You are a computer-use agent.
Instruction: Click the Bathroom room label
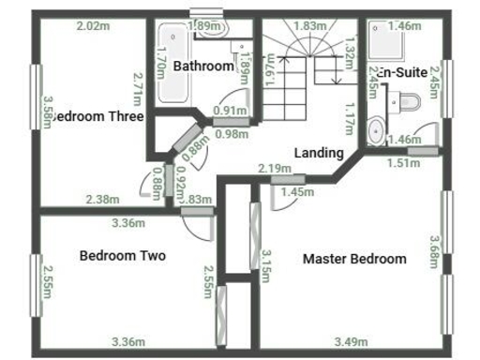click(203, 67)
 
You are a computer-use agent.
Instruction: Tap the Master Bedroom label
click(354, 260)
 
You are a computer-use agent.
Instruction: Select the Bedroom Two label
click(123, 255)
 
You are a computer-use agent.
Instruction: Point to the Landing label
click(319, 153)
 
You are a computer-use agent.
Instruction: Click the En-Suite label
click(404, 72)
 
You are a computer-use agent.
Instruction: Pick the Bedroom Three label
click(97, 117)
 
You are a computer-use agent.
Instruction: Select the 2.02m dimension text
click(93, 26)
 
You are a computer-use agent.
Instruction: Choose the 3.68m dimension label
click(434, 251)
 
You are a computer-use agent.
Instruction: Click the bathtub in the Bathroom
click(172, 63)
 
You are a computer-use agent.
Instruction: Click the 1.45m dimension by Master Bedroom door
click(297, 192)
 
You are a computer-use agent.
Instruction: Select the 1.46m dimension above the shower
click(405, 26)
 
